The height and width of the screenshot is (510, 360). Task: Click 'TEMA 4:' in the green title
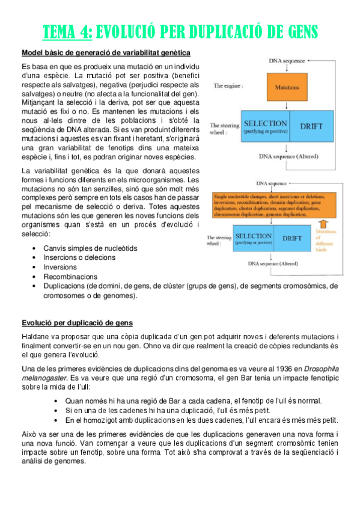coord(67,32)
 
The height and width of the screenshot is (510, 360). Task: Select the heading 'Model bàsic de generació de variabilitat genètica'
coord(106,53)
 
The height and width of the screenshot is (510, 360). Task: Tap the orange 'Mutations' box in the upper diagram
coord(287,87)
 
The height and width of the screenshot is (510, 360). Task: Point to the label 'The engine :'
coord(227,86)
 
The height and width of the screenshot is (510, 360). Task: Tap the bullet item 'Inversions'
coord(60,267)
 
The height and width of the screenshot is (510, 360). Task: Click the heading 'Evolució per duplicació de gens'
coord(76,323)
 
